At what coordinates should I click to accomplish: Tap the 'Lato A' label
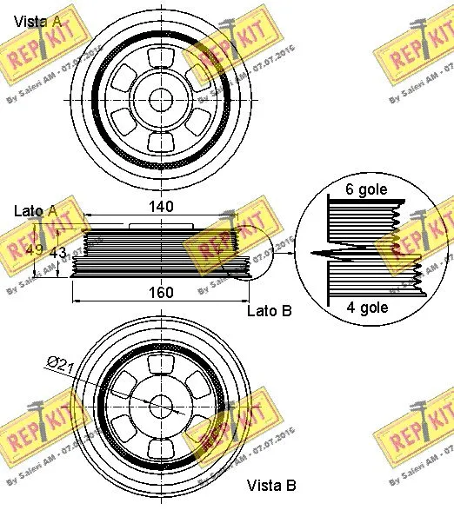click(36, 210)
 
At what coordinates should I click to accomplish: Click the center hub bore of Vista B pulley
click(163, 406)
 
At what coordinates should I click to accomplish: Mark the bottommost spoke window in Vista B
click(163, 446)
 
